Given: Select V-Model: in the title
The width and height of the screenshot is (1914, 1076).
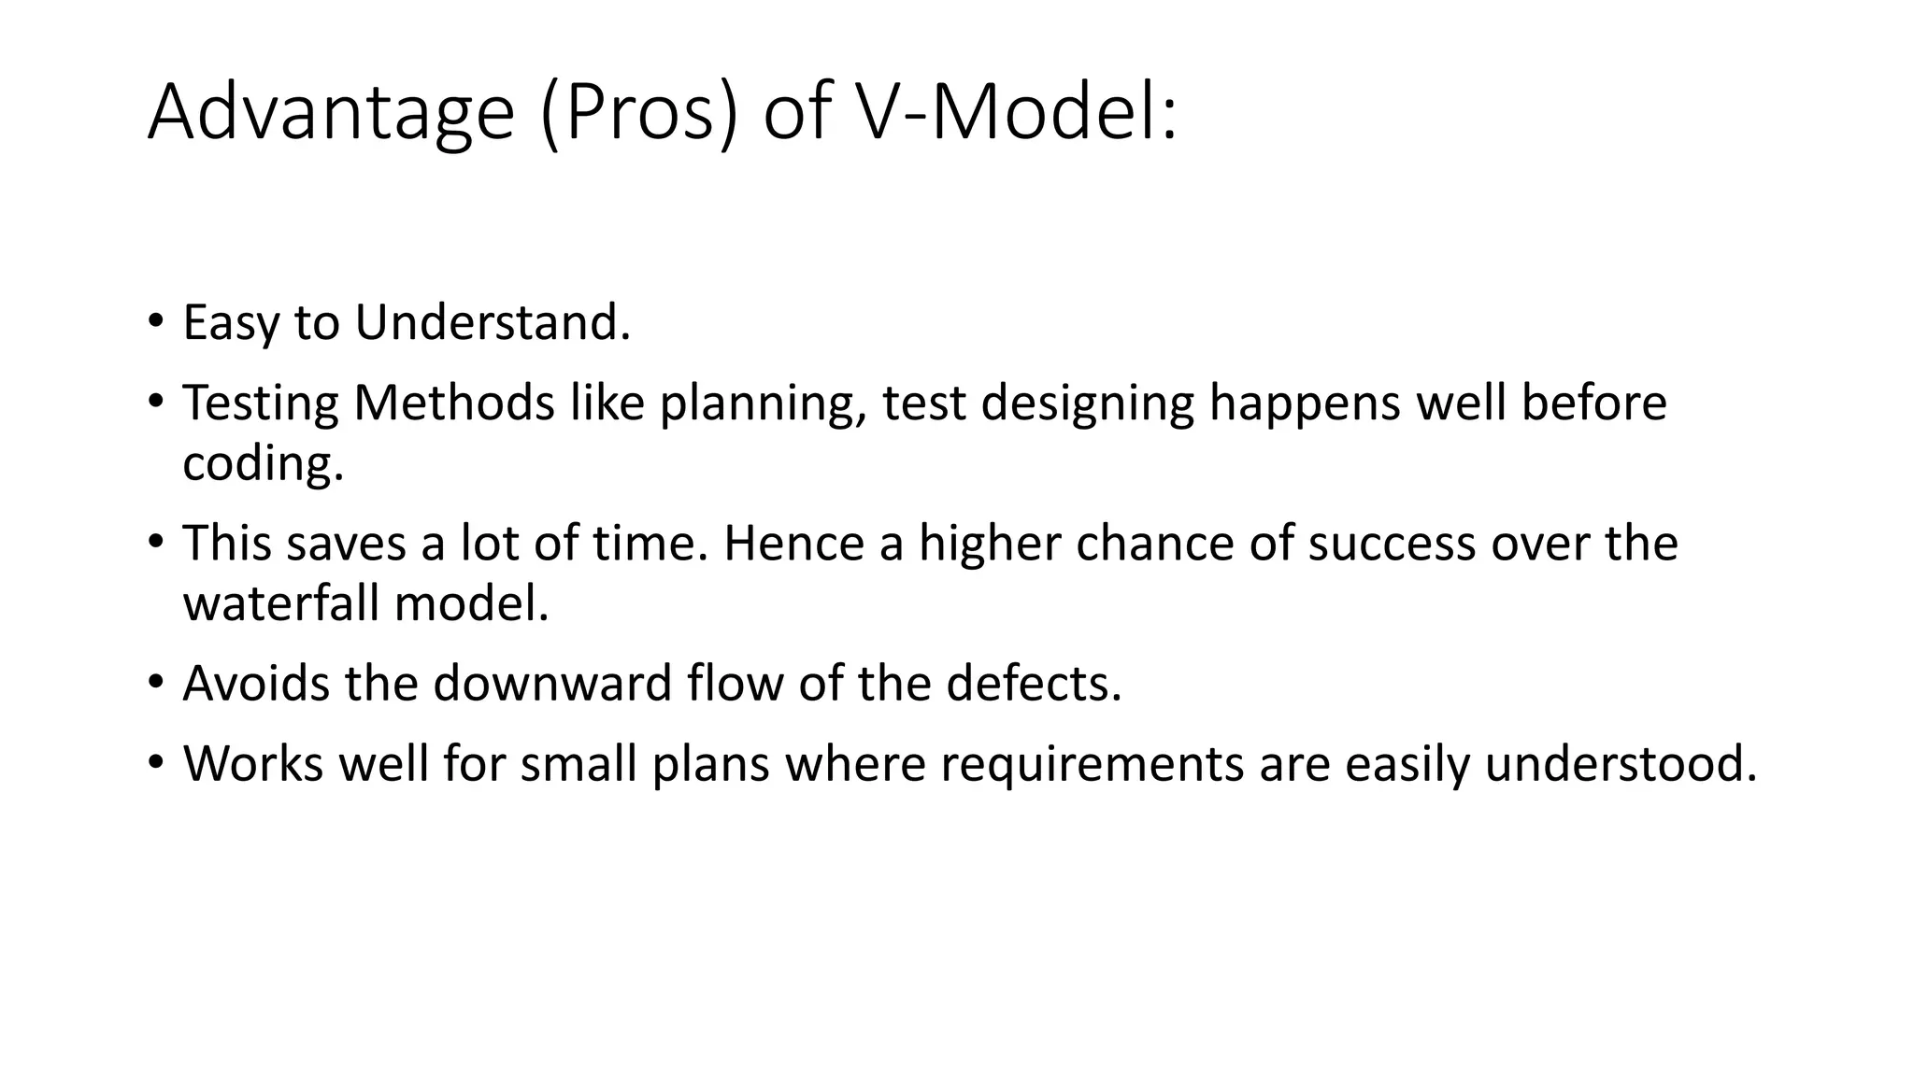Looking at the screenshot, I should [1017, 112].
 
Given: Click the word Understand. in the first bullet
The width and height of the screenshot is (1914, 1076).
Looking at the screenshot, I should [493, 322].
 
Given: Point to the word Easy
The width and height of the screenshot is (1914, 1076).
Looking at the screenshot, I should [231, 324].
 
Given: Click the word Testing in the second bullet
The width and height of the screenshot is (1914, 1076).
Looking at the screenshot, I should [260, 403].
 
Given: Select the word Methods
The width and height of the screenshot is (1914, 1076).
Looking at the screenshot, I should [453, 403].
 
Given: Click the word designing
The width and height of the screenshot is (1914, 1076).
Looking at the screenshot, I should [1087, 404].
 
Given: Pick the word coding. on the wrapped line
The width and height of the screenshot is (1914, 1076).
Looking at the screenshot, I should [263, 463].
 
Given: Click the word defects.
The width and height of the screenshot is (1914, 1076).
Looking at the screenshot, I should [1034, 683].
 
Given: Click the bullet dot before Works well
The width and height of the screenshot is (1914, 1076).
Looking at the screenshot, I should [155, 762].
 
